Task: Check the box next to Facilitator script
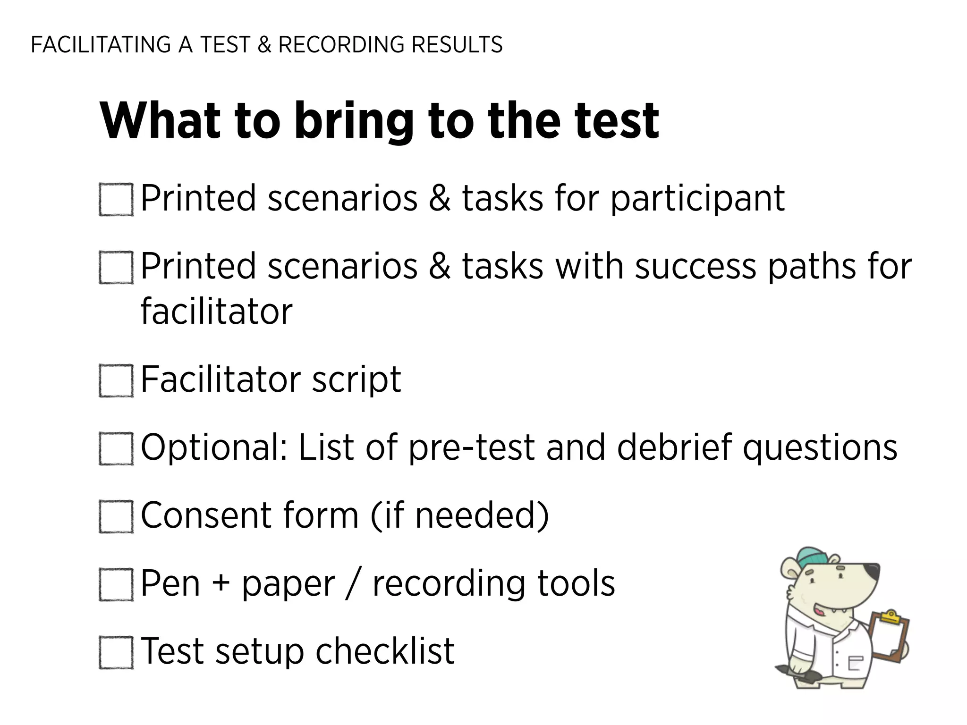(x=116, y=380)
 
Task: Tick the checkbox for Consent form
(x=116, y=516)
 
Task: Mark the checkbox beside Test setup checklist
(x=116, y=652)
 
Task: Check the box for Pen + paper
(x=116, y=584)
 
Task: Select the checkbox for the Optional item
(x=116, y=448)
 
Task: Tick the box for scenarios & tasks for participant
(x=116, y=200)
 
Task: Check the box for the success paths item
(x=116, y=267)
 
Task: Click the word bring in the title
(x=354, y=121)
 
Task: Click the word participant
(x=697, y=199)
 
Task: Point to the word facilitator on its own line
(x=217, y=312)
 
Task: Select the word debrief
(x=674, y=447)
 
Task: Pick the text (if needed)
(x=459, y=515)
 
